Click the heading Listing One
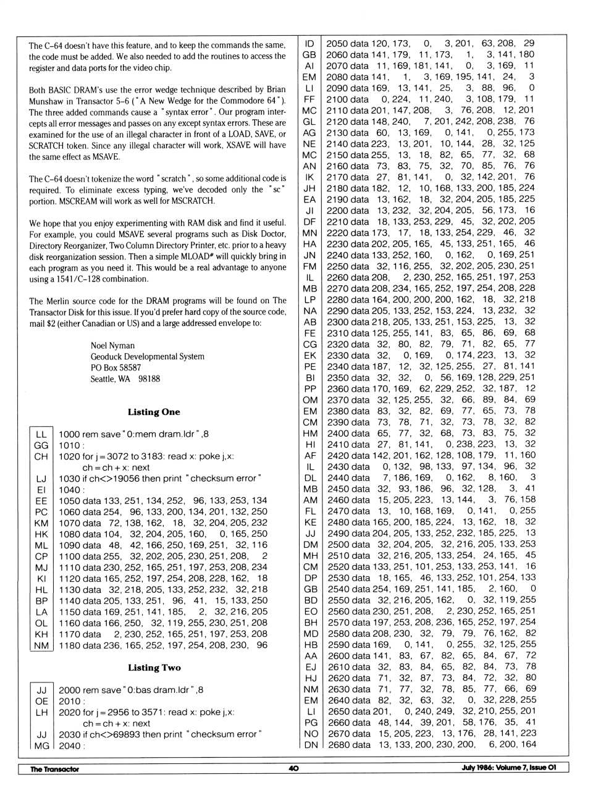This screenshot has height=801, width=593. point(154,412)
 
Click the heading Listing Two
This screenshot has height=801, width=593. point(154,668)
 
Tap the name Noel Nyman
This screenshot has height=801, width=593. point(112,345)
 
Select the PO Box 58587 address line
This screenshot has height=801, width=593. point(116,367)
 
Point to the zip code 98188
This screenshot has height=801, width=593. point(149,379)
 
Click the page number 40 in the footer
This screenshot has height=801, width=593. point(293,768)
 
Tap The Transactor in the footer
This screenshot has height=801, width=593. point(55,769)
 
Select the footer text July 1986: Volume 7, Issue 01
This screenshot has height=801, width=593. point(508,768)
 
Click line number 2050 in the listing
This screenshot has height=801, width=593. point(337,43)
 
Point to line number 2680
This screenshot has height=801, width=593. point(337,745)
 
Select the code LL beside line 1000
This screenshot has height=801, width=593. point(41,434)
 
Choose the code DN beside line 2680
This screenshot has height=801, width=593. point(311,745)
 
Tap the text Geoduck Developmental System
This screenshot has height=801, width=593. point(147,356)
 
